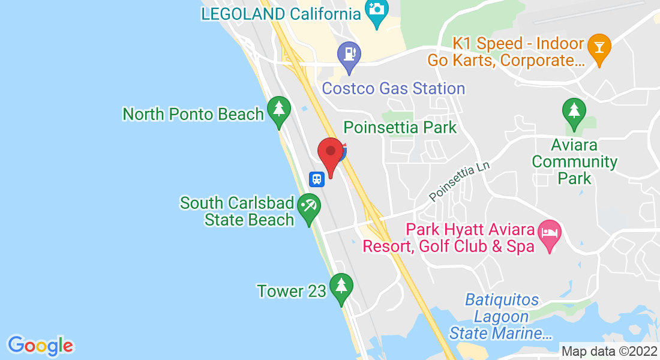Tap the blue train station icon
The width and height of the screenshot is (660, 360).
coord(316,178)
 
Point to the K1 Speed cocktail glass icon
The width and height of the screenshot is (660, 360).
coord(598,46)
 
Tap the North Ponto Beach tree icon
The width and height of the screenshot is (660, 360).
coord(278,110)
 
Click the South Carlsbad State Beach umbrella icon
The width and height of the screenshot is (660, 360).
coord(309,207)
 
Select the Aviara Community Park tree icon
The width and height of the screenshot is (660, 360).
coord(574,111)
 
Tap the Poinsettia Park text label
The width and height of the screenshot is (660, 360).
coord(400,127)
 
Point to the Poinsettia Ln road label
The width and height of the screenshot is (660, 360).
coord(460,183)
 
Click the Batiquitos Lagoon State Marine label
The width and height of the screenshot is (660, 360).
coord(502,316)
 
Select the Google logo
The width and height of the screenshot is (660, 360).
coord(40,346)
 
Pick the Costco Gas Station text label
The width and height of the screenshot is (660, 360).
coord(394,89)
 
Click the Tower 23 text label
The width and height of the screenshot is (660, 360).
coord(291,292)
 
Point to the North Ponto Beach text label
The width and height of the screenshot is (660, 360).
coord(193,114)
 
